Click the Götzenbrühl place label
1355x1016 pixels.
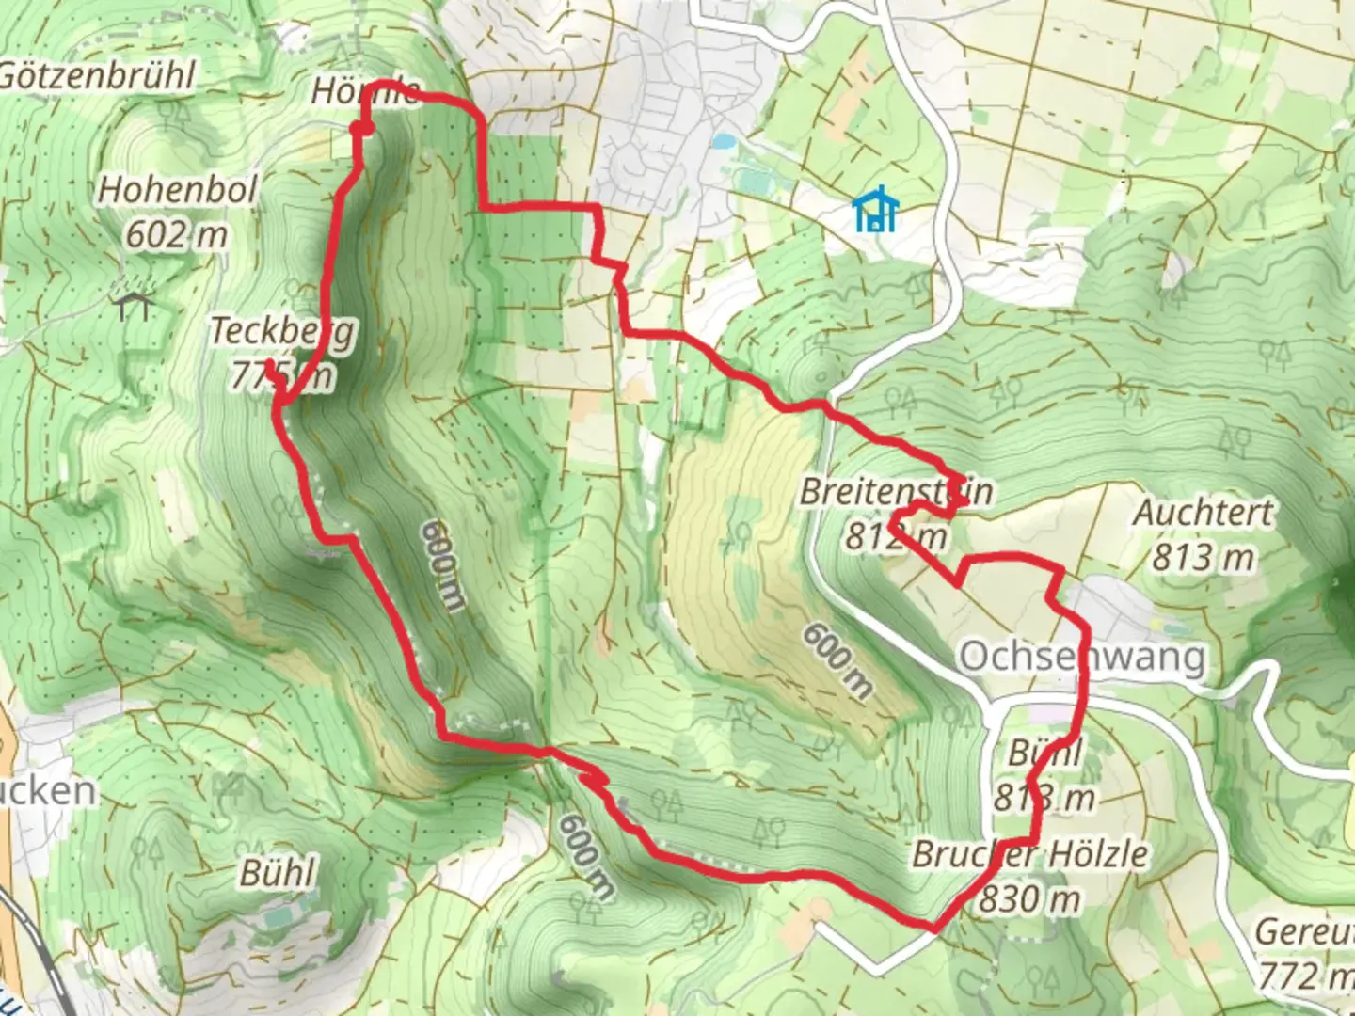pos(96,76)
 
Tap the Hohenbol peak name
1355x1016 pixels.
pos(178,189)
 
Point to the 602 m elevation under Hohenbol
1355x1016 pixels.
pos(177,234)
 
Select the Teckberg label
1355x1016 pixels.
pos(282,330)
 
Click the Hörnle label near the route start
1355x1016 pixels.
pos(365,91)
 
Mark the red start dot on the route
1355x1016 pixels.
pos(361,129)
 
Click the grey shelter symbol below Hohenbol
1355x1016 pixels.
pos(134,305)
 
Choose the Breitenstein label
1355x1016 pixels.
pos(896,491)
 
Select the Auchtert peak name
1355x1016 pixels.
pos(1203,513)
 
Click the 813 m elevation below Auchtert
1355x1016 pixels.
pos(1203,558)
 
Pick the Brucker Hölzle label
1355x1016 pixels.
pos(1029,854)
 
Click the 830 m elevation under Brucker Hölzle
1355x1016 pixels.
pos(1029,899)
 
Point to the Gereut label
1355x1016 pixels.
pos(1304,931)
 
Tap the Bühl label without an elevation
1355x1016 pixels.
pos(278,872)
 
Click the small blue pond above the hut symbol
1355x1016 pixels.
pos(723,142)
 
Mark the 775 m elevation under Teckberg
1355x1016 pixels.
pos(282,375)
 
